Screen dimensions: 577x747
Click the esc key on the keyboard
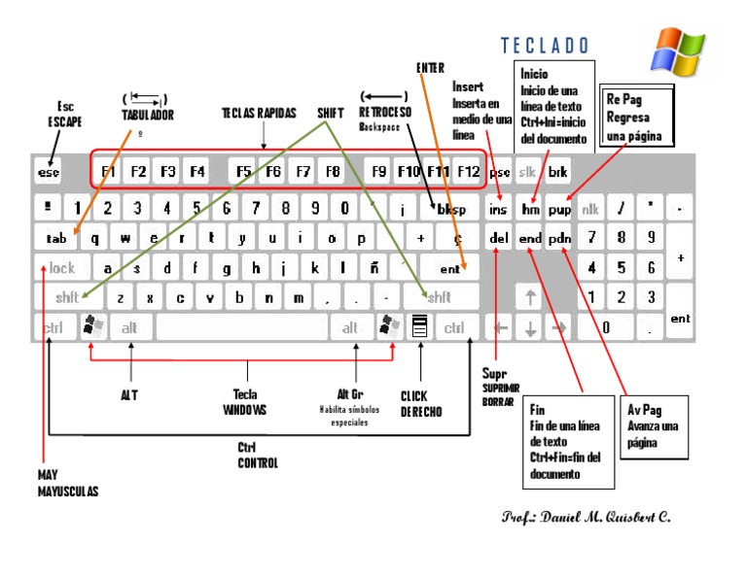(49, 173)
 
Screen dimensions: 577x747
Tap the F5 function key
(243, 173)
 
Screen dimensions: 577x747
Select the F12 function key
(468, 173)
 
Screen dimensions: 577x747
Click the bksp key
(451, 209)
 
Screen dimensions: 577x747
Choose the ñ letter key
(374, 267)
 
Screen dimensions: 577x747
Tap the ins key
(499, 209)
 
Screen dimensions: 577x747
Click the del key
(499, 238)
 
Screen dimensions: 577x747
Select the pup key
(559, 209)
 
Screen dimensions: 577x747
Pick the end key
(530, 238)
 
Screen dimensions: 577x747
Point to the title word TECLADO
(545, 46)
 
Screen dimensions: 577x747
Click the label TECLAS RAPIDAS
(259, 114)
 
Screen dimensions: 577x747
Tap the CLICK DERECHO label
(421, 404)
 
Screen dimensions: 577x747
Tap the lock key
(61, 268)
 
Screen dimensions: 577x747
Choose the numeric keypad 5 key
(622, 267)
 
